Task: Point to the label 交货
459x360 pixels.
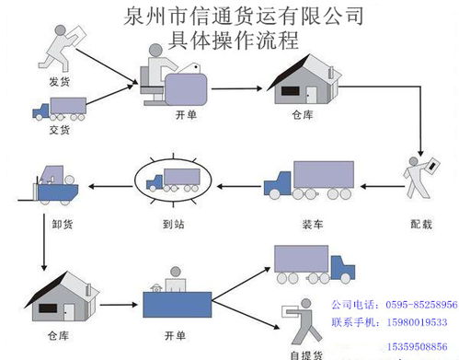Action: click(x=58, y=130)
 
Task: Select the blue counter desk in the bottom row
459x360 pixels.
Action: click(x=178, y=303)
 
